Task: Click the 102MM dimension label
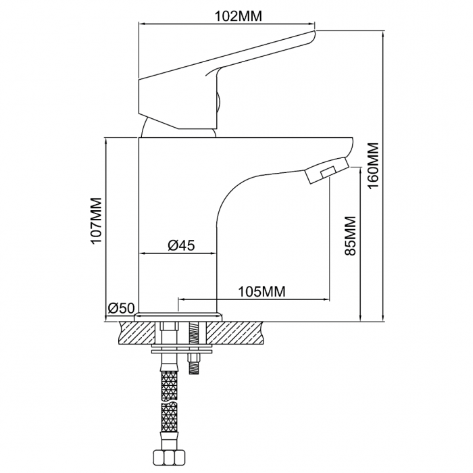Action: coord(238,16)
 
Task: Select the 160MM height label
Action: coord(373,166)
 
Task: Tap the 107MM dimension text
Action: coord(96,220)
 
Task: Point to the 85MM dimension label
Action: coord(350,236)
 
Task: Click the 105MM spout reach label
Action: coord(262,292)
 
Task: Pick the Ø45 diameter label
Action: coord(181,245)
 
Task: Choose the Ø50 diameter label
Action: coord(121,308)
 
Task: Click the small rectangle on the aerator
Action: coord(328,172)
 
